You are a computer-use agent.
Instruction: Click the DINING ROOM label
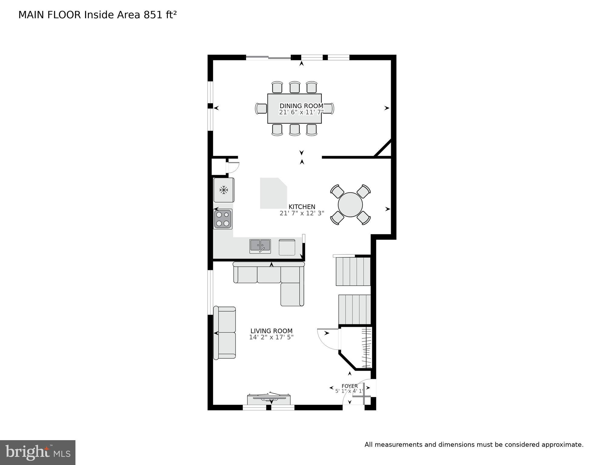301,106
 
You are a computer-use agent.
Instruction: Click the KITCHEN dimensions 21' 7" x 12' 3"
302,213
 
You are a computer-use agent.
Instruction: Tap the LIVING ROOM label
271,331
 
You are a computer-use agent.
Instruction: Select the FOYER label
350,386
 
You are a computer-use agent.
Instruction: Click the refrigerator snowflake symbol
224,190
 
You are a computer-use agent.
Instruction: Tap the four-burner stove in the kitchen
223,219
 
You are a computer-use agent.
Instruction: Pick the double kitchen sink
260,246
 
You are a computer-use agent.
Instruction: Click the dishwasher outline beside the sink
287,247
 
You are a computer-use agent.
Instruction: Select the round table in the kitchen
350,205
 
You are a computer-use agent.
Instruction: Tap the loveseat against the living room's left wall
225,333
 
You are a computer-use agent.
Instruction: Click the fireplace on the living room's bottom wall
269,399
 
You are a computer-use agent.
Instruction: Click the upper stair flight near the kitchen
353,271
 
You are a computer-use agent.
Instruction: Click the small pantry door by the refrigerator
233,168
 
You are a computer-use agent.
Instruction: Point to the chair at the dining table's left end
261,108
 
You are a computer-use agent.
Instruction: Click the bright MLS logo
38,453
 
